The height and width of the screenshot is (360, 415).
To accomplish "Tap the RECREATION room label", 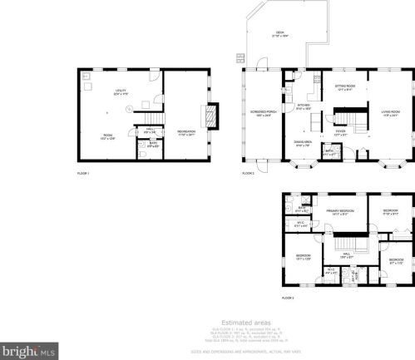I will (185, 131).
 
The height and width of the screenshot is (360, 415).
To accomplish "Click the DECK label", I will (279, 34).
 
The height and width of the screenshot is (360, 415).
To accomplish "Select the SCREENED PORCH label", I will (262, 114).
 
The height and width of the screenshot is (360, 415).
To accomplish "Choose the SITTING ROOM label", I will (345, 87).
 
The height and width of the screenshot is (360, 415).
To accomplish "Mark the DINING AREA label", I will (303, 143).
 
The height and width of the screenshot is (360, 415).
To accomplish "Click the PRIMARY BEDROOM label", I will (341, 212).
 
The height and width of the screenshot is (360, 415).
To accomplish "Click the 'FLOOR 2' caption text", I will (248, 173).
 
